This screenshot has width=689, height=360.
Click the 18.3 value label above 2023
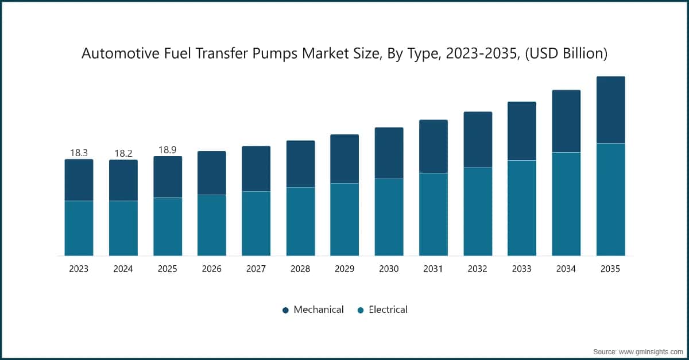pyautogui.click(x=79, y=153)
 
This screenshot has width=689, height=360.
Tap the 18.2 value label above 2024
pyautogui.click(x=123, y=153)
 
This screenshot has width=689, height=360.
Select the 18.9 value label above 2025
pyautogui.click(x=168, y=150)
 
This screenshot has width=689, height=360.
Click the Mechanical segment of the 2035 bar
pyautogui.click(x=610, y=110)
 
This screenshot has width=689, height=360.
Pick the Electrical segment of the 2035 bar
pyautogui.click(x=610, y=199)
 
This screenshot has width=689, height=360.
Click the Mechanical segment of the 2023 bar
pyautogui.click(x=79, y=180)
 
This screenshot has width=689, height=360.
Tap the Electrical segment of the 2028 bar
pyautogui.click(x=300, y=221)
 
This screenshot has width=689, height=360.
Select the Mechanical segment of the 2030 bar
pyautogui.click(x=389, y=153)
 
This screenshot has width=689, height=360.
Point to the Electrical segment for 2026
pyautogui.click(x=212, y=225)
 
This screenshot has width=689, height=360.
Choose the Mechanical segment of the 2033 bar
pyautogui.click(x=522, y=131)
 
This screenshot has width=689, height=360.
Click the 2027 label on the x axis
pyautogui.click(x=256, y=269)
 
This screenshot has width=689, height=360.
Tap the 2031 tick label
pyautogui.click(x=433, y=269)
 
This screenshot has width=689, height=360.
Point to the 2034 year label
pyautogui.click(x=566, y=269)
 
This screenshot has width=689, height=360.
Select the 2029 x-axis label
pyautogui.click(x=344, y=269)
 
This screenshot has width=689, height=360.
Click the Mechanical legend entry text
pyautogui.click(x=319, y=310)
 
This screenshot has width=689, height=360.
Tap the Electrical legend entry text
pyautogui.click(x=388, y=310)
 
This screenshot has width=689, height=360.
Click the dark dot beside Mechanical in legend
pyautogui.click(x=285, y=311)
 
